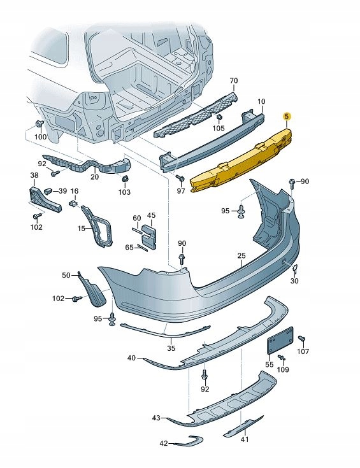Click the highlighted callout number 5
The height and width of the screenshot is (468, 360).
(x=287, y=117)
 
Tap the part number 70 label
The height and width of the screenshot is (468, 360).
(x=233, y=81)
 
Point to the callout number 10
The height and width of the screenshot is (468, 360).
(x=261, y=101)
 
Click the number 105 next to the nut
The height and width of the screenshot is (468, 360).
(x=219, y=129)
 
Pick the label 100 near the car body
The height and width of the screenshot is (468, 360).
(x=40, y=137)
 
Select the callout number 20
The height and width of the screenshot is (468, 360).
(x=94, y=178)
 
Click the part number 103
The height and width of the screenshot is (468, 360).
(x=124, y=192)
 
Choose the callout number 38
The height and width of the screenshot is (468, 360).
(x=34, y=174)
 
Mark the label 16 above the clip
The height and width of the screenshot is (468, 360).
(x=75, y=191)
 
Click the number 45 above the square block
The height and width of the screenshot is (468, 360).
(x=151, y=215)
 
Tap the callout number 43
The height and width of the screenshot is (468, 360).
(x=156, y=418)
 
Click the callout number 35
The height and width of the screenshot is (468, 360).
(x=171, y=348)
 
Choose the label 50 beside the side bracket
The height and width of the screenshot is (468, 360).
(x=66, y=275)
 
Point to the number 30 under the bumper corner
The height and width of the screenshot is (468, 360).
(x=294, y=281)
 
